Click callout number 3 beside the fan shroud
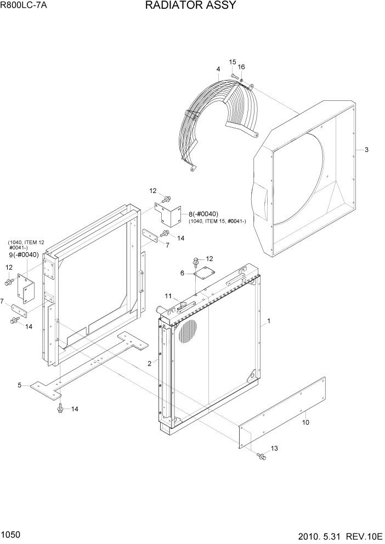pos(366,150)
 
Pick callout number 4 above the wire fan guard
pos(218,69)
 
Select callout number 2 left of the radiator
pos(149,363)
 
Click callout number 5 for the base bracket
pos(20,386)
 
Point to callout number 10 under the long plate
pos(305,422)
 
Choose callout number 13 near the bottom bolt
pos(274,448)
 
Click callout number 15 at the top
pos(232,62)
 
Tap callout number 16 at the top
pos(241,67)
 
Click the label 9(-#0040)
pos(24,254)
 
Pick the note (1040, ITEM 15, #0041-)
pos(217,221)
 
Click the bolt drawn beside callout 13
pos(261,455)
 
